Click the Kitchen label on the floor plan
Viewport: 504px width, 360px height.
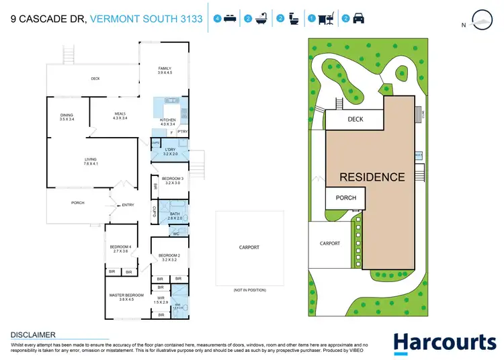click(167, 122)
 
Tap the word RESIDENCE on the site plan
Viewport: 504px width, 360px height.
click(372, 177)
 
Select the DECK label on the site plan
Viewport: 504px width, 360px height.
click(355, 120)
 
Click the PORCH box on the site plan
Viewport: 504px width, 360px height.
click(345, 198)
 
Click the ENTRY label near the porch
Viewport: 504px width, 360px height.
click(128, 205)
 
